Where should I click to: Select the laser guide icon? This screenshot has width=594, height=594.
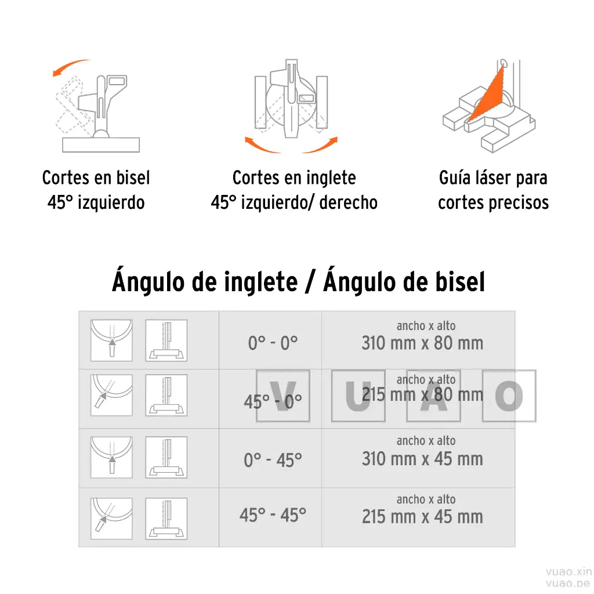[488, 107]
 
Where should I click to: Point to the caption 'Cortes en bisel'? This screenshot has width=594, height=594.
[96, 178]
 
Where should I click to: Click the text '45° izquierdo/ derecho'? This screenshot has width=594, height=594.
[294, 202]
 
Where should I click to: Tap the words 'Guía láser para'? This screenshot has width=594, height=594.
[493, 178]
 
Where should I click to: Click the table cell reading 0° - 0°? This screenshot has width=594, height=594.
[272, 343]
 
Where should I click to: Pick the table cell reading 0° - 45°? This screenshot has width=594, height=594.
[273, 461]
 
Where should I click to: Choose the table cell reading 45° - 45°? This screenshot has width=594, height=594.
[273, 515]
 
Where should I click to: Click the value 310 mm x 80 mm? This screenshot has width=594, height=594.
[422, 343]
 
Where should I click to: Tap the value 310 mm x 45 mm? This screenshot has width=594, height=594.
[422, 459]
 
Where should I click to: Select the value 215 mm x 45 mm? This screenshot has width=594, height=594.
[422, 517]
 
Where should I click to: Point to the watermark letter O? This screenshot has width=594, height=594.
[509, 396]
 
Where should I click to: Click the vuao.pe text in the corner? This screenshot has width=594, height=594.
[568, 582]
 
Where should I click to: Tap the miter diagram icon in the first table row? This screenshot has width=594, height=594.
[111, 341]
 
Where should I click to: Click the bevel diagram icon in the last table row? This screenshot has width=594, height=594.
[166, 519]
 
